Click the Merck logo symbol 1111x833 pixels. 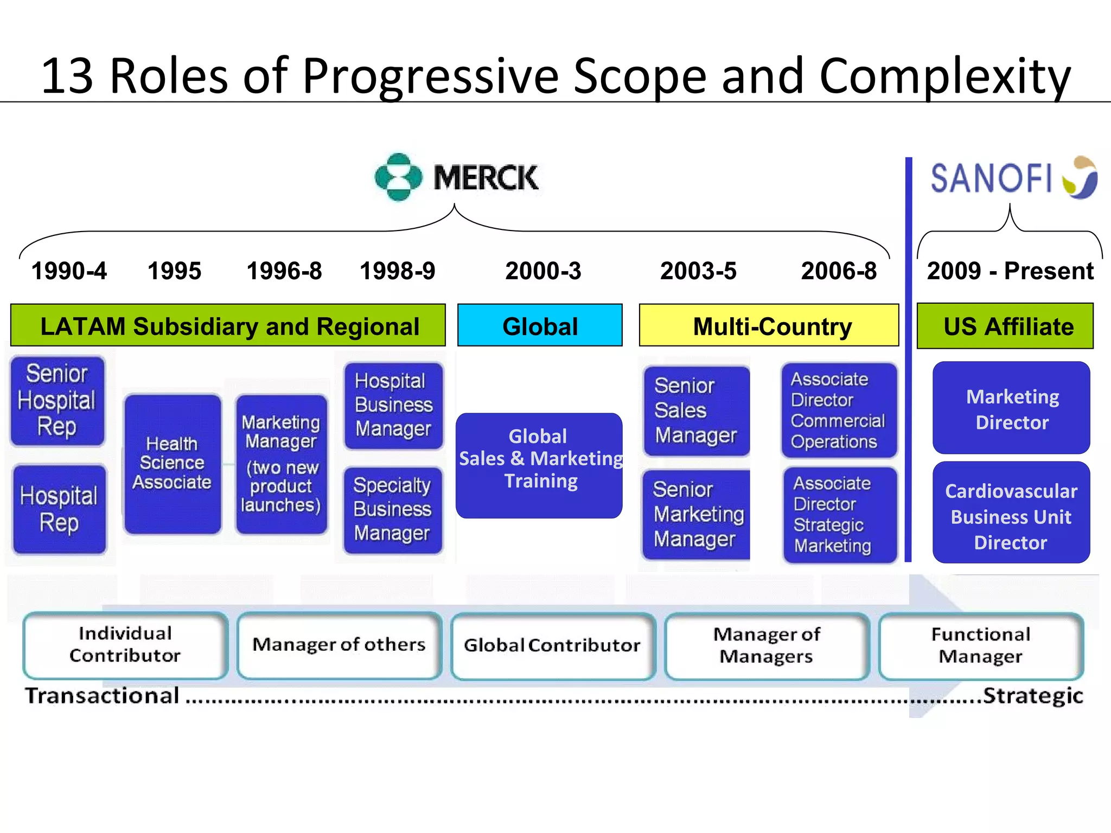[x=398, y=177]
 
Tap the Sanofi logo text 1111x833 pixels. [x=991, y=179]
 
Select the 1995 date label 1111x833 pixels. [x=174, y=271]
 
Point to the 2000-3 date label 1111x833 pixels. [x=543, y=271]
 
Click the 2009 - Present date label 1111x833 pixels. [x=1010, y=271]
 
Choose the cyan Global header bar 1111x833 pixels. [x=540, y=325]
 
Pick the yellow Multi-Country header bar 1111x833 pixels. [x=769, y=325]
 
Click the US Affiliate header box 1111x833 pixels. [x=1005, y=326]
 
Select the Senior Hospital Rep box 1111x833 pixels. [x=57, y=401]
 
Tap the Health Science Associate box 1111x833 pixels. [x=172, y=464]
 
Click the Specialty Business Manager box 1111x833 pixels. [x=393, y=510]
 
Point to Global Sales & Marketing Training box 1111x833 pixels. [x=539, y=465]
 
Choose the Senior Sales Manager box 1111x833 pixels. [x=696, y=411]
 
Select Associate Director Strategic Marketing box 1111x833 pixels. [x=839, y=515]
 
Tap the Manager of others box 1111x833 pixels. [x=339, y=645]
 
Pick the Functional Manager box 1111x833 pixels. [x=981, y=645]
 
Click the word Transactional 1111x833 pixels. [x=103, y=696]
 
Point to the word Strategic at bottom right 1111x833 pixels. [x=1033, y=696]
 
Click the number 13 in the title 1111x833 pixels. [x=67, y=76]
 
